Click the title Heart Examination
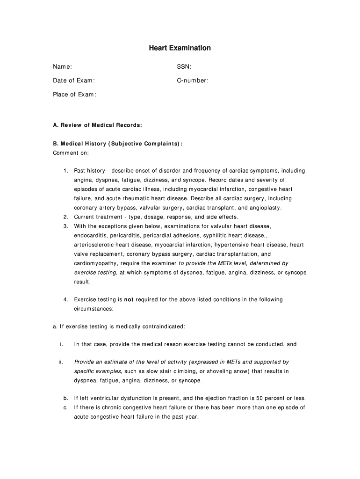click(180, 48)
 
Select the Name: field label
click(62, 67)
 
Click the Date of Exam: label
click(73, 80)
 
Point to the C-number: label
click(193, 80)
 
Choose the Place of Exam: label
click(74, 94)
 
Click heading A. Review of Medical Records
click(97, 125)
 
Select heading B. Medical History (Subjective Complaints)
click(117, 144)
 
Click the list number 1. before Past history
click(66, 171)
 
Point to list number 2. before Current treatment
click(66, 217)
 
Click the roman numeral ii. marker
click(61, 362)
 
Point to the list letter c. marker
click(66, 407)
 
